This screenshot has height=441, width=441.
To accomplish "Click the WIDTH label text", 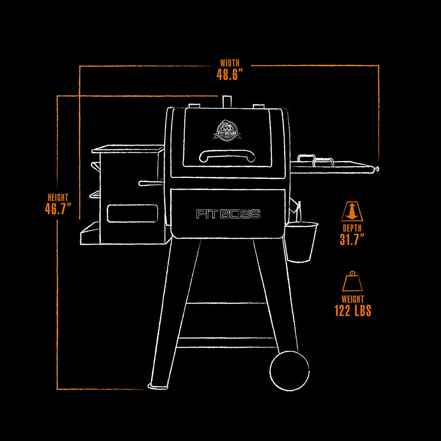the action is (230, 63).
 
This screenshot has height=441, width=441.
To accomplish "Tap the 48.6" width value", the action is (229, 74).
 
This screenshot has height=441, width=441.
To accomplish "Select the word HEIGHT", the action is (58, 197).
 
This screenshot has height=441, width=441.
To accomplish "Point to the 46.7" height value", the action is (58, 209).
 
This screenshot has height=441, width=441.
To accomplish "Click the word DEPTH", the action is (352, 228).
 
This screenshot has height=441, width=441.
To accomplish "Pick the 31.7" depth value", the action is (352, 239).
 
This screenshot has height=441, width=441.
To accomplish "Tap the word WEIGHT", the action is (353, 299).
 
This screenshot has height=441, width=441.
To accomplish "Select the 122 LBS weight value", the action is (353, 311).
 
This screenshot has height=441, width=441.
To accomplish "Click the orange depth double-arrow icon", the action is (352, 211).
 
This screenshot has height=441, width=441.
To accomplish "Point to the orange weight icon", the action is (352, 282).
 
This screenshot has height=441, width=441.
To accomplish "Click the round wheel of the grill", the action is (290, 371).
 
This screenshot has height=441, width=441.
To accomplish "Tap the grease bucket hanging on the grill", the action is (301, 241).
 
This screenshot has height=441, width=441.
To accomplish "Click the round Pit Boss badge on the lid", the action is (227, 130).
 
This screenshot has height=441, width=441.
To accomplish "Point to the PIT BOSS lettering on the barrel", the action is (228, 214).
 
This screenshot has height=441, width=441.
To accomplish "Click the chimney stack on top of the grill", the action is (227, 102).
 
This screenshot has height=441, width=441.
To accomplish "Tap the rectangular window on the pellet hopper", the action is (132, 214).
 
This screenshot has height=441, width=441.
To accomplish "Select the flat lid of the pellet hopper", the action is (128, 149).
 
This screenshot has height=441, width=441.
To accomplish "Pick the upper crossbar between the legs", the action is (226, 303).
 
